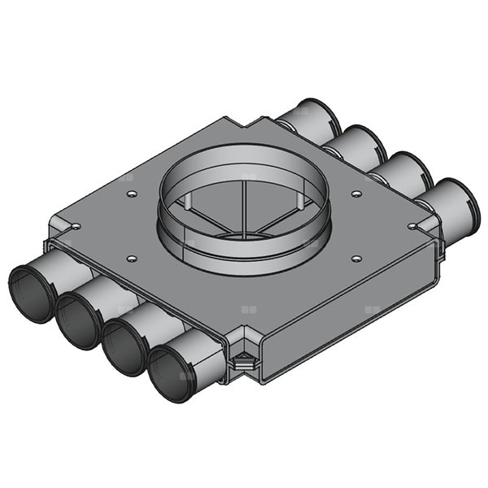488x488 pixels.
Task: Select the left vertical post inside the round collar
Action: pyautogui.click(x=186, y=203)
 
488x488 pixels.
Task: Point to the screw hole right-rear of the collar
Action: pyautogui.click(x=356, y=193)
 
